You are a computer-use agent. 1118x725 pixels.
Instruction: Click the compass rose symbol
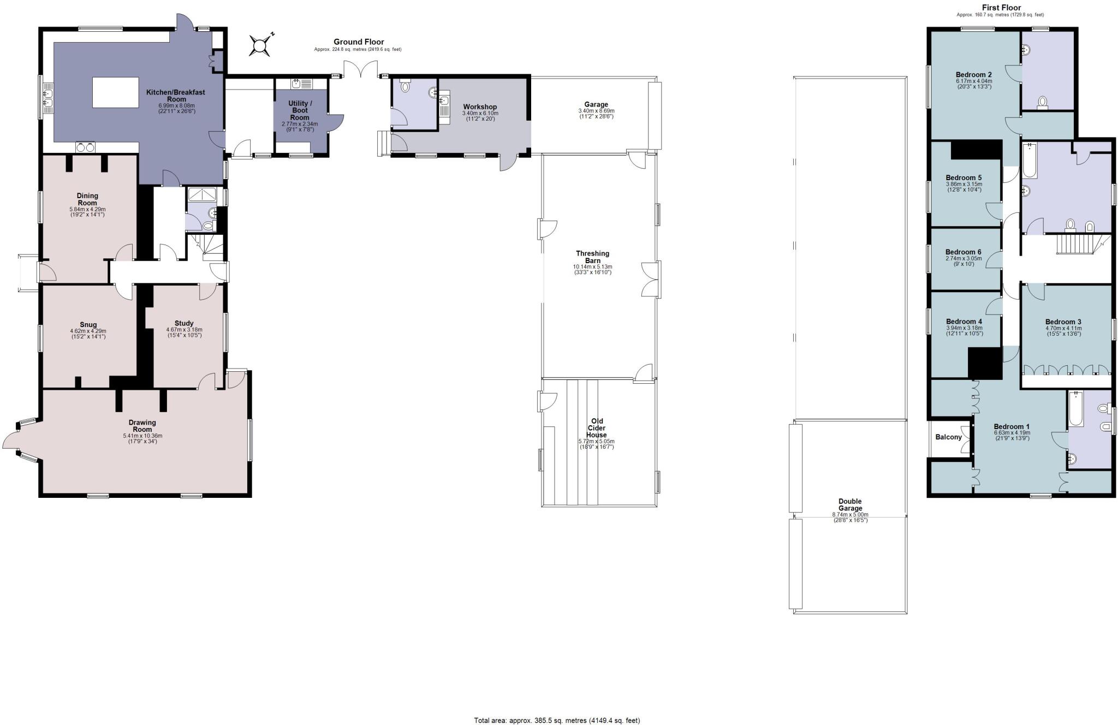tap(260, 45)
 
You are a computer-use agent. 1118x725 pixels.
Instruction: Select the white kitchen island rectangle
tap(116, 93)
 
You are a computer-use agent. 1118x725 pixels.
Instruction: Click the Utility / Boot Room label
tap(300, 110)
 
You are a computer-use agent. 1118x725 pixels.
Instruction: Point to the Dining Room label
tap(87, 199)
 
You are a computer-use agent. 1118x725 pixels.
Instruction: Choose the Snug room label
tap(88, 325)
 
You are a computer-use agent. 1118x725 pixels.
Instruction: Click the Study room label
tap(184, 323)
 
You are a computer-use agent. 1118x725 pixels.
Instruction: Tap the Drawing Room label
tap(142, 426)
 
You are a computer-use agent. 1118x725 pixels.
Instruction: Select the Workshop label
tap(480, 107)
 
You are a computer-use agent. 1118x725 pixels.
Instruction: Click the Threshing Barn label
tap(592, 257)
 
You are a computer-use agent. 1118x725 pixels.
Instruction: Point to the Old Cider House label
tap(597, 428)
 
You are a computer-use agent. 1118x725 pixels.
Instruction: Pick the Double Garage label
tap(850, 505)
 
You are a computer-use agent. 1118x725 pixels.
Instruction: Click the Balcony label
tap(949, 437)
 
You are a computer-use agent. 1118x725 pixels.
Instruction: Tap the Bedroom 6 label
tap(964, 252)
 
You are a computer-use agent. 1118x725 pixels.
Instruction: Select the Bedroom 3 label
tap(1063, 322)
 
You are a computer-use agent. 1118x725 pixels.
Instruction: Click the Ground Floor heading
tap(359, 42)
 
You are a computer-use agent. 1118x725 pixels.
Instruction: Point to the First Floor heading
tap(1001, 8)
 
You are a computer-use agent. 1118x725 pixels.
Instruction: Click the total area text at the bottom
tap(557, 721)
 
